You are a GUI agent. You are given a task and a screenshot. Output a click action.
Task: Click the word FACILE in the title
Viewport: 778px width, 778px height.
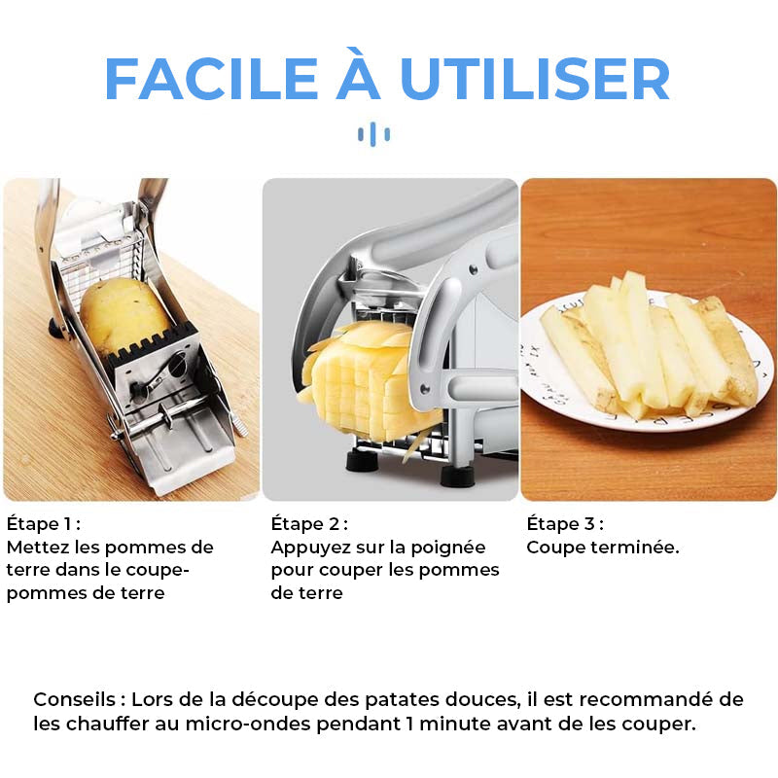211,79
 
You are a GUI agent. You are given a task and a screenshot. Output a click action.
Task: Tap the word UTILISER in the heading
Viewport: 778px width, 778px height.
535,79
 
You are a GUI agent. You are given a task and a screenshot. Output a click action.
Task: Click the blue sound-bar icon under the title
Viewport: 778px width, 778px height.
374,134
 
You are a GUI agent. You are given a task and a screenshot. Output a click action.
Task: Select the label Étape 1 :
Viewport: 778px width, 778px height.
44,523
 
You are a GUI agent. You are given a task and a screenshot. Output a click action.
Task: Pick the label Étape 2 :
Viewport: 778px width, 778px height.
309,523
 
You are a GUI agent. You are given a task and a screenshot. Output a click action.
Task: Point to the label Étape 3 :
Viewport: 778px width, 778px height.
565,523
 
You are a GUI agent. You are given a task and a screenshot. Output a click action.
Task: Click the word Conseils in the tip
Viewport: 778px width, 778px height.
75,699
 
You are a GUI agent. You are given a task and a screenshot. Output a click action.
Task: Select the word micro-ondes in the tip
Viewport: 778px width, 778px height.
248,724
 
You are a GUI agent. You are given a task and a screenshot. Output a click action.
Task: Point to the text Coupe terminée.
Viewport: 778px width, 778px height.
603,548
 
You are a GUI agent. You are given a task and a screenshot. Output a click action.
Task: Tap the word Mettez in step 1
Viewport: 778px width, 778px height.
37,548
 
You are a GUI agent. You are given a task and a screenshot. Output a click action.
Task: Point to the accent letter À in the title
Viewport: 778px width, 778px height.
359,74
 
